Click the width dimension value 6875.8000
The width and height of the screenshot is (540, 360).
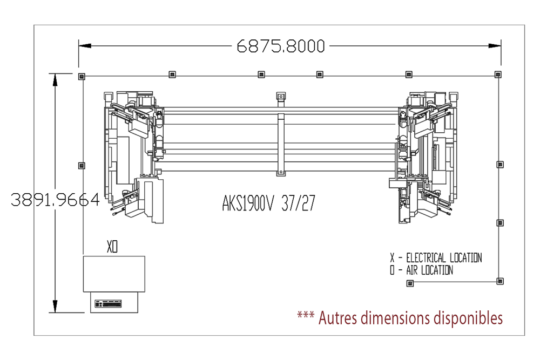tap(281, 46)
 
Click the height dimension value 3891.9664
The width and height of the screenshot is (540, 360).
tap(55, 200)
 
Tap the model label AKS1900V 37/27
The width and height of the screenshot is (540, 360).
tap(268, 203)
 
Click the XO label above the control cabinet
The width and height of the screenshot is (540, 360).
tap(112, 247)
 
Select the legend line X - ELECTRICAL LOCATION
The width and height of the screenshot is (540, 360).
tap(436, 258)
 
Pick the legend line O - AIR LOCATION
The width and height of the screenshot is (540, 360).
tap(422, 270)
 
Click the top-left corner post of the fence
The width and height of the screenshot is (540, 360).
tap(82, 77)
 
